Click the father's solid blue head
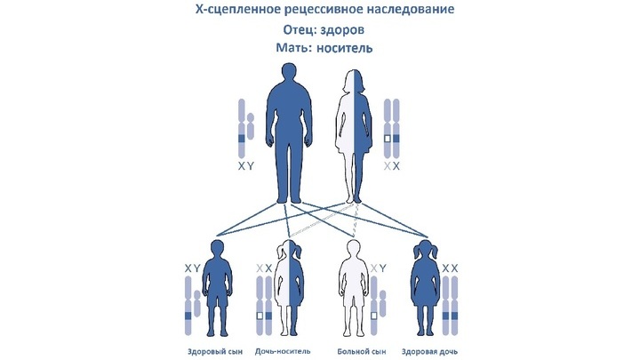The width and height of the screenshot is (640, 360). coord(290,74)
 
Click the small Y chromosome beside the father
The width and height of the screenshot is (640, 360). coord(250,125)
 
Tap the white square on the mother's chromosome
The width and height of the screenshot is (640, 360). coord(388,139)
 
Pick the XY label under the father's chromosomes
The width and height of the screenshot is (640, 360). coord(246,166)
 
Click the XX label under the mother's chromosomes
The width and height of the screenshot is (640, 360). coord(392,166)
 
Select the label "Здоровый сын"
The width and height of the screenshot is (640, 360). coord(215,351)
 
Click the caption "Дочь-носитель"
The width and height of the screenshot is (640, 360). coord(283,351)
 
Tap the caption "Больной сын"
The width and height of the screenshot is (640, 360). coord(362,351)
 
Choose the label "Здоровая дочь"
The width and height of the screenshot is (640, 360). coord(429,351)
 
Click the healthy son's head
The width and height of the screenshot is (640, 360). coord(217,250)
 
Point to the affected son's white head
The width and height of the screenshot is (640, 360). coord(353,250)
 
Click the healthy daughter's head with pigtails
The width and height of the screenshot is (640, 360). coord(425,250)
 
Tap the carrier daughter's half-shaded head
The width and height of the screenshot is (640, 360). coord(290,250)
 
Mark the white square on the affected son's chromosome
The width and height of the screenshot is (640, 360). coord(373,316)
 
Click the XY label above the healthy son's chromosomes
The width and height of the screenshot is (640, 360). coord(192,268)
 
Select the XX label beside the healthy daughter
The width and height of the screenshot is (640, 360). coord(450,268)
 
